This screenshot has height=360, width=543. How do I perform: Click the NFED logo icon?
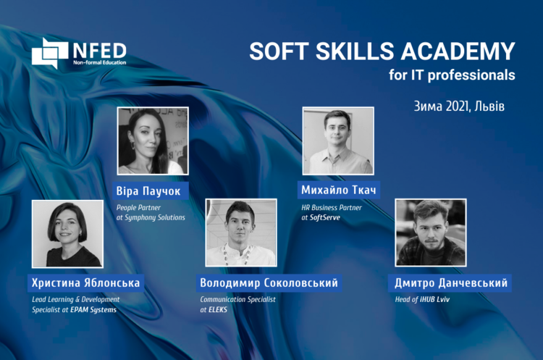[50, 53]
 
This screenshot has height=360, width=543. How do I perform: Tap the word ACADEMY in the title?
[458, 51]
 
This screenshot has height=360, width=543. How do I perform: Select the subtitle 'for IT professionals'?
[452, 75]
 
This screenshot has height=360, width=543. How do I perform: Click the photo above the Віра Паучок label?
[153, 141]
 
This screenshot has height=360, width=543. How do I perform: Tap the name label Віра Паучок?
[148, 191]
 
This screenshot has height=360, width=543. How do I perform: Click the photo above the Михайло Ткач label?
[338, 141]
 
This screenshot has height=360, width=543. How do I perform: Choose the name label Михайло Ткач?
[339, 190]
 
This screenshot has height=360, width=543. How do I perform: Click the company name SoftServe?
[325, 217]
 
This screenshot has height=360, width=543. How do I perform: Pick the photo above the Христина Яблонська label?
[67, 234]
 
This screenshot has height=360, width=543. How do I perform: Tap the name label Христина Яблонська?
[86, 282]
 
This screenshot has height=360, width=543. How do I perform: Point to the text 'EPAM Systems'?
[93, 310]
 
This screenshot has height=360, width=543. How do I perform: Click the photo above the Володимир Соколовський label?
[241, 233]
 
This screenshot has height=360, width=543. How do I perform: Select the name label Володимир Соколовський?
[269, 282]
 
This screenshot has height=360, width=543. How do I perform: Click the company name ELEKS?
[218, 310]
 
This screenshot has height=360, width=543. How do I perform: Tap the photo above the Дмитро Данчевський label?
[431, 233]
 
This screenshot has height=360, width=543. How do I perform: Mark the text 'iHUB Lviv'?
[435, 299]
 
